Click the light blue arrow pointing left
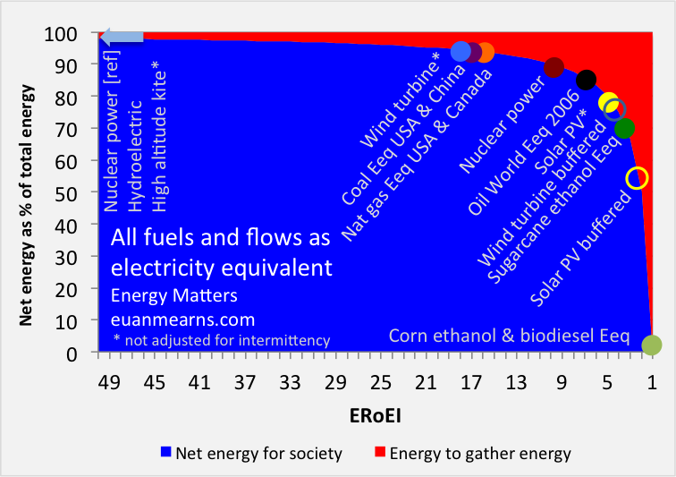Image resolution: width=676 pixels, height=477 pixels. pyautogui.click(x=122, y=37)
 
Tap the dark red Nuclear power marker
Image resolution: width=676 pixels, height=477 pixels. pyautogui.click(x=553, y=68)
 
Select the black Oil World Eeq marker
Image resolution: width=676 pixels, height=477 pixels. pyautogui.click(x=586, y=81)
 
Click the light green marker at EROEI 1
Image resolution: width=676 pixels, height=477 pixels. pyautogui.click(x=652, y=345)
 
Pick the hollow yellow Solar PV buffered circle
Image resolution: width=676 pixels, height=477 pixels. pyautogui.click(x=637, y=177)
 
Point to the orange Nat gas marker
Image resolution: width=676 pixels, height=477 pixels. pyautogui.click(x=485, y=53)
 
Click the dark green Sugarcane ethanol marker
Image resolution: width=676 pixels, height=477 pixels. pyautogui.click(x=624, y=128)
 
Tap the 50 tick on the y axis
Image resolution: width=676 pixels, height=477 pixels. pyautogui.click(x=77, y=192)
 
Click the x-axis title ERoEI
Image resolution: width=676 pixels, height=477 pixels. pyautogui.click(x=380, y=416)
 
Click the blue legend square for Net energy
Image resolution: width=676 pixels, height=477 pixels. pyautogui.click(x=165, y=454)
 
